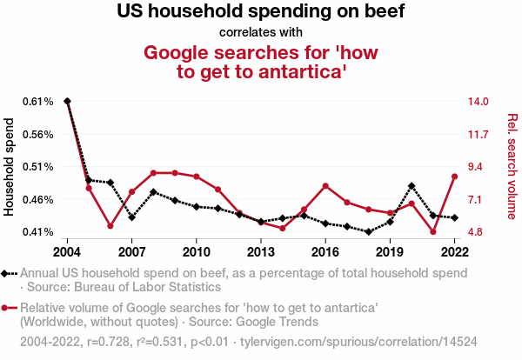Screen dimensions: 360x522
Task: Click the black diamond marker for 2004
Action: pyautogui.click(x=67, y=102)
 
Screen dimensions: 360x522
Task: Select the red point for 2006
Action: pyautogui.click(x=110, y=226)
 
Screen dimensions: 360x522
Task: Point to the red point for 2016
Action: pyautogui.click(x=325, y=186)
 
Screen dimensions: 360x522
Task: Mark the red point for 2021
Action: pyautogui.click(x=433, y=232)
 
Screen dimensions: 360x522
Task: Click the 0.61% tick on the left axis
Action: pyautogui.click(x=37, y=102)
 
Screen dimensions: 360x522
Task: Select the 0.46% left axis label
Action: pyautogui.click(x=37, y=200)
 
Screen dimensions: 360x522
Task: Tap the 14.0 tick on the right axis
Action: pyautogui.click(x=478, y=102)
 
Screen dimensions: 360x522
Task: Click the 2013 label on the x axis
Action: pyautogui.click(x=261, y=251)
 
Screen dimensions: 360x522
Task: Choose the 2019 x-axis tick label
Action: pyautogui.click(x=390, y=251)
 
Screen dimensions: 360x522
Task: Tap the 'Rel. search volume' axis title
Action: pyautogui.click(x=512, y=166)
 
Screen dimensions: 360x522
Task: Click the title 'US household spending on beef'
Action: pyautogui.click(x=261, y=13)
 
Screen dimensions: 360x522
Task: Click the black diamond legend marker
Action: pyautogui.click(x=7, y=273)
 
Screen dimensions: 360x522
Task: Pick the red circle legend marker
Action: pyautogui.click(x=7, y=308)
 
